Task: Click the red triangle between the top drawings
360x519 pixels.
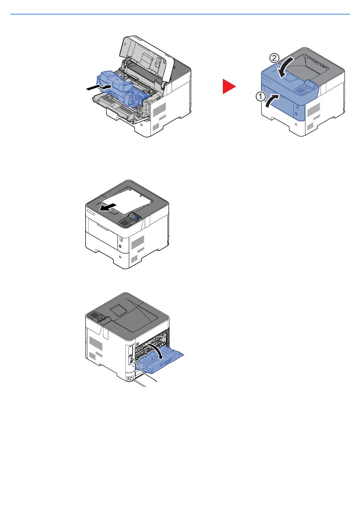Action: (x=229, y=87)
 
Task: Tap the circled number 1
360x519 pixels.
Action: (x=260, y=97)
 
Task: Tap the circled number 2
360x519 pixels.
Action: (x=274, y=58)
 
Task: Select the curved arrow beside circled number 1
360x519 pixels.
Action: (x=273, y=100)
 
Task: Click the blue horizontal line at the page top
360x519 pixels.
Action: (x=180, y=14)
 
